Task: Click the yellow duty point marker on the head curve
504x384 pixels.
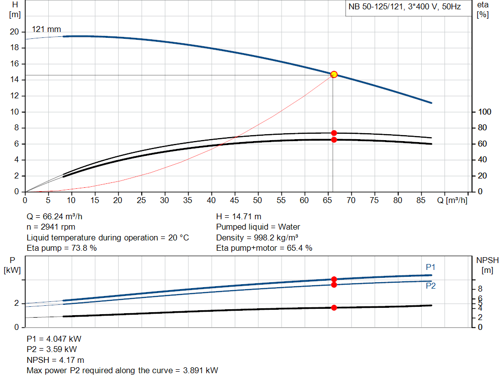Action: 334,74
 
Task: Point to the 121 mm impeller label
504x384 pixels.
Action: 46,30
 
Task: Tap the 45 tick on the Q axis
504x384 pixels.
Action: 234,200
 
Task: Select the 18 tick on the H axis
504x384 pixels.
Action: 15,48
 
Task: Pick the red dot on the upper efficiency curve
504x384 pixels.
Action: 334,133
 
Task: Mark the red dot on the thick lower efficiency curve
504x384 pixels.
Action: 334,140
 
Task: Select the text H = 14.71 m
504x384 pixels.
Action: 239,216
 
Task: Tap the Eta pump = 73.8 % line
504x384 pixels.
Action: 62,248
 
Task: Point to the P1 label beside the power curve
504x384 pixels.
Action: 431,267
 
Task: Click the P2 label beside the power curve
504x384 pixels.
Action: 431,286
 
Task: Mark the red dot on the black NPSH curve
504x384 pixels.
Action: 334,308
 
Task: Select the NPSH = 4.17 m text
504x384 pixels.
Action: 55,360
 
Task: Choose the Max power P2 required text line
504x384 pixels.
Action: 122,371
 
